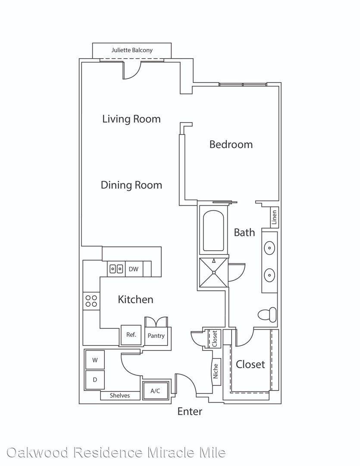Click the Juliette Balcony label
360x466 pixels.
click(132, 50)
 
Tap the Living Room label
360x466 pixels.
click(131, 119)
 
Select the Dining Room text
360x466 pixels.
click(131, 185)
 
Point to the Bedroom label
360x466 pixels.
click(231, 145)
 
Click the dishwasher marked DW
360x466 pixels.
click(134, 269)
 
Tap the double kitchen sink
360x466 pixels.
click(116, 269)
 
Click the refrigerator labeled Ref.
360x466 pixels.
click(131, 335)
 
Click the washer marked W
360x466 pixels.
click(95, 360)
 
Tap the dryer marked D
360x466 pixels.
click(95, 380)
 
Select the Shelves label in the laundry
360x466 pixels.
click(120, 395)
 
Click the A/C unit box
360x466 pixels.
click(155, 391)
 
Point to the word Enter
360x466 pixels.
click(190, 411)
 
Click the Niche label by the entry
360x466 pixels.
click(216, 371)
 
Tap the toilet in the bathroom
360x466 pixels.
click(267, 315)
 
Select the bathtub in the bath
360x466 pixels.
click(213, 231)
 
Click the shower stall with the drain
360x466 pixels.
click(213, 273)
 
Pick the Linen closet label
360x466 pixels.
click(275, 217)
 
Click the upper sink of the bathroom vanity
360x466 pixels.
click(269, 248)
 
